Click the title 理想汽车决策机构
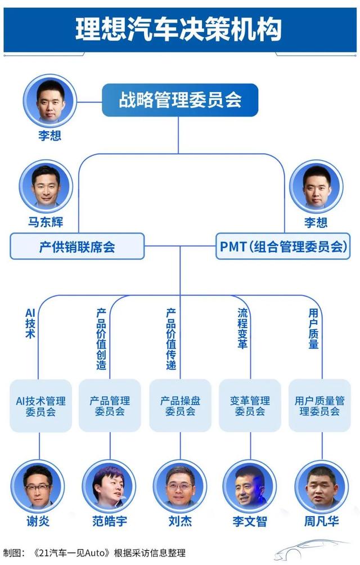pyautogui.click(x=179, y=29)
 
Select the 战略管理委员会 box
pyautogui.click(x=180, y=100)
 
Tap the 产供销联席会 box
pyautogui.click(x=77, y=246)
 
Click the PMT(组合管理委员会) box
pyautogui.click(x=282, y=246)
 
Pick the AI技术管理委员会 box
pyautogui.click(x=40, y=406)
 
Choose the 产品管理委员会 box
pyautogui.click(x=110, y=406)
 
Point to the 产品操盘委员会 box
pyautogui.click(x=180, y=406)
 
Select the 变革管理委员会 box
pyautogui.click(x=250, y=406)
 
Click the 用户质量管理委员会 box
pyautogui.click(x=319, y=406)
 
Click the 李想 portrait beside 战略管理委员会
pyautogui.click(x=49, y=100)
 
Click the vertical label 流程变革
pyautogui.click(x=242, y=328)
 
